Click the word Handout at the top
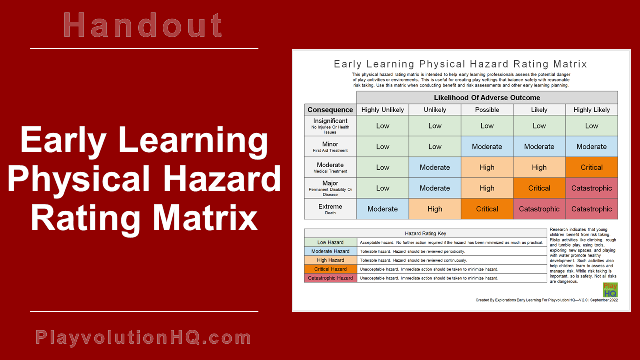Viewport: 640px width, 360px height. click(x=143, y=25)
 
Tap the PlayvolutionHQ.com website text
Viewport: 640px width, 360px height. click(x=143, y=338)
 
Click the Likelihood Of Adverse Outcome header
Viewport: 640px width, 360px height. click(x=487, y=97)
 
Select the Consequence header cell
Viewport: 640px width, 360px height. click(x=330, y=110)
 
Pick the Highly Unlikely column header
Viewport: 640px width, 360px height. click(x=382, y=110)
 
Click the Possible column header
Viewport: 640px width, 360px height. click(x=487, y=110)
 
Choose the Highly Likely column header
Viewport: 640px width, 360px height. click(x=591, y=110)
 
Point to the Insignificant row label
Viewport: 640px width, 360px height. click(x=330, y=126)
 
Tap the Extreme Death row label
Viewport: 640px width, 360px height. click(x=330, y=209)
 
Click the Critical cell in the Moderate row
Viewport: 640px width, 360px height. click(x=591, y=167)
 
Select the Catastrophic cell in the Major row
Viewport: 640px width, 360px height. click(x=591, y=188)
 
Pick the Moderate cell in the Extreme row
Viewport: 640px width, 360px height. click(x=382, y=209)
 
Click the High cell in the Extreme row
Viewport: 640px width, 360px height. click(x=435, y=209)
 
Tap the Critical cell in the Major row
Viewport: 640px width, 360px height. click(x=539, y=188)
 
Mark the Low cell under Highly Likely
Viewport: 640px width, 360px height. click(x=591, y=126)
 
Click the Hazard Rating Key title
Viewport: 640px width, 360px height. click(x=425, y=233)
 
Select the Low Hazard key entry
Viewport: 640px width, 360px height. click(x=330, y=242)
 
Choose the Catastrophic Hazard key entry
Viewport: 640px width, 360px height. click(x=330, y=278)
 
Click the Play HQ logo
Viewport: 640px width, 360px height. click(x=610, y=290)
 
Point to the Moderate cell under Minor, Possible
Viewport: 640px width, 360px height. click(x=487, y=147)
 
